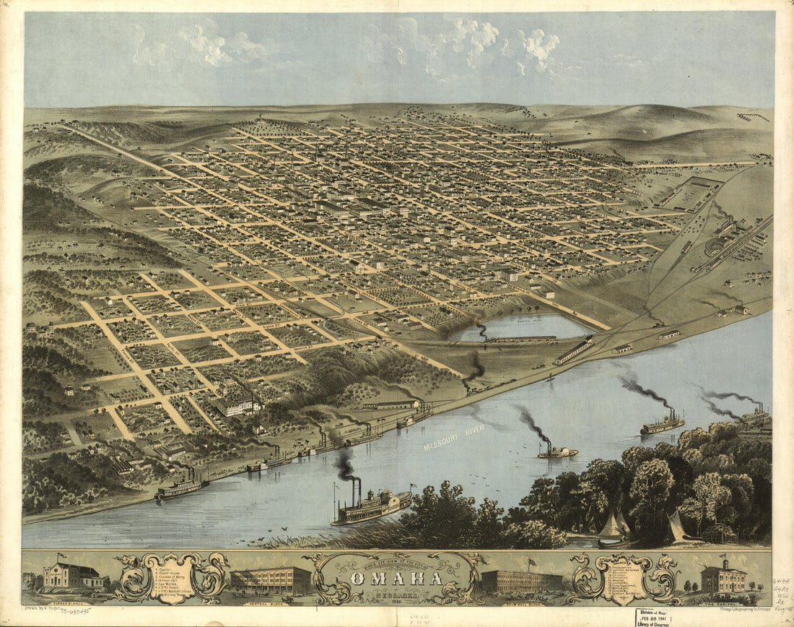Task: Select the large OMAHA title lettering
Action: click(x=396, y=579)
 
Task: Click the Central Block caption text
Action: click(x=271, y=598)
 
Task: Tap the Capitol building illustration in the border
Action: click(x=723, y=577)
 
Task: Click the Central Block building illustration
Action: click(x=271, y=580)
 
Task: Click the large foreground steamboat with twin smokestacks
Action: click(x=372, y=506)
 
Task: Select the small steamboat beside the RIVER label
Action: click(x=557, y=451)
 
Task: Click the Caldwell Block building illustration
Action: click(x=521, y=580)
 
